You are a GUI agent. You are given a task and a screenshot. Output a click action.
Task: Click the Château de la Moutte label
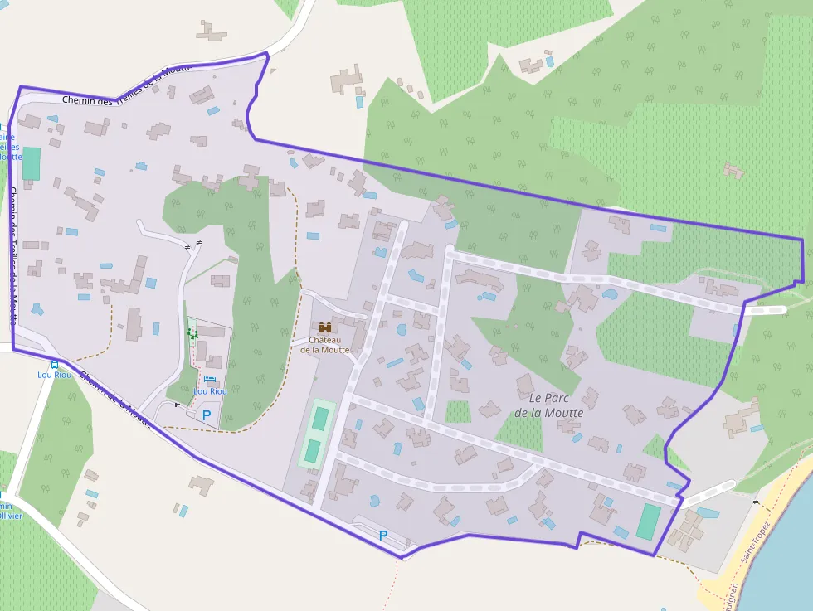pyautogui.click(x=324, y=344)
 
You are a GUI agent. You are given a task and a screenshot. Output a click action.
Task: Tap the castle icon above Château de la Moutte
pyautogui.click(x=324, y=327)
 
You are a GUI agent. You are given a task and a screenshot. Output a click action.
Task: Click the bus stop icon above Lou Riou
pyautogui.click(x=54, y=364)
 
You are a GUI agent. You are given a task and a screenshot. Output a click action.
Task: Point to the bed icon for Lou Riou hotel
pyautogui.click(x=208, y=380)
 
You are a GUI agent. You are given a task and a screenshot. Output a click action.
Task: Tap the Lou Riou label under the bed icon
pyautogui.click(x=210, y=391)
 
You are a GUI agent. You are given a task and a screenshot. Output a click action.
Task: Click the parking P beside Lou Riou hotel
pyautogui.click(x=207, y=414)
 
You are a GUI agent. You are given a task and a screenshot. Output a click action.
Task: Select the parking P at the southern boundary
pyautogui.click(x=382, y=536)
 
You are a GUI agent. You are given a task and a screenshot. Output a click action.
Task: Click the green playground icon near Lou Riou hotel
pyautogui.click(x=192, y=333)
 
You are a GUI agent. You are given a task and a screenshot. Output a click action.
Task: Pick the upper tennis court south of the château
pyautogui.click(x=319, y=419)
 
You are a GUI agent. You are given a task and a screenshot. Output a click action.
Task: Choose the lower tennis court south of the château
pyautogui.click(x=312, y=451)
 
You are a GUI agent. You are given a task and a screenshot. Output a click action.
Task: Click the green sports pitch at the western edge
pyautogui.click(x=31, y=163)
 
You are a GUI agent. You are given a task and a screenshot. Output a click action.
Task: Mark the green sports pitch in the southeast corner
pyautogui.click(x=648, y=521)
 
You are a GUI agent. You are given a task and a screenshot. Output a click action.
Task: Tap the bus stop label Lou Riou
pyautogui.click(x=53, y=375)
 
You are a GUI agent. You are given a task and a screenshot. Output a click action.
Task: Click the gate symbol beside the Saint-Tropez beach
pyautogui.click(x=755, y=502)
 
